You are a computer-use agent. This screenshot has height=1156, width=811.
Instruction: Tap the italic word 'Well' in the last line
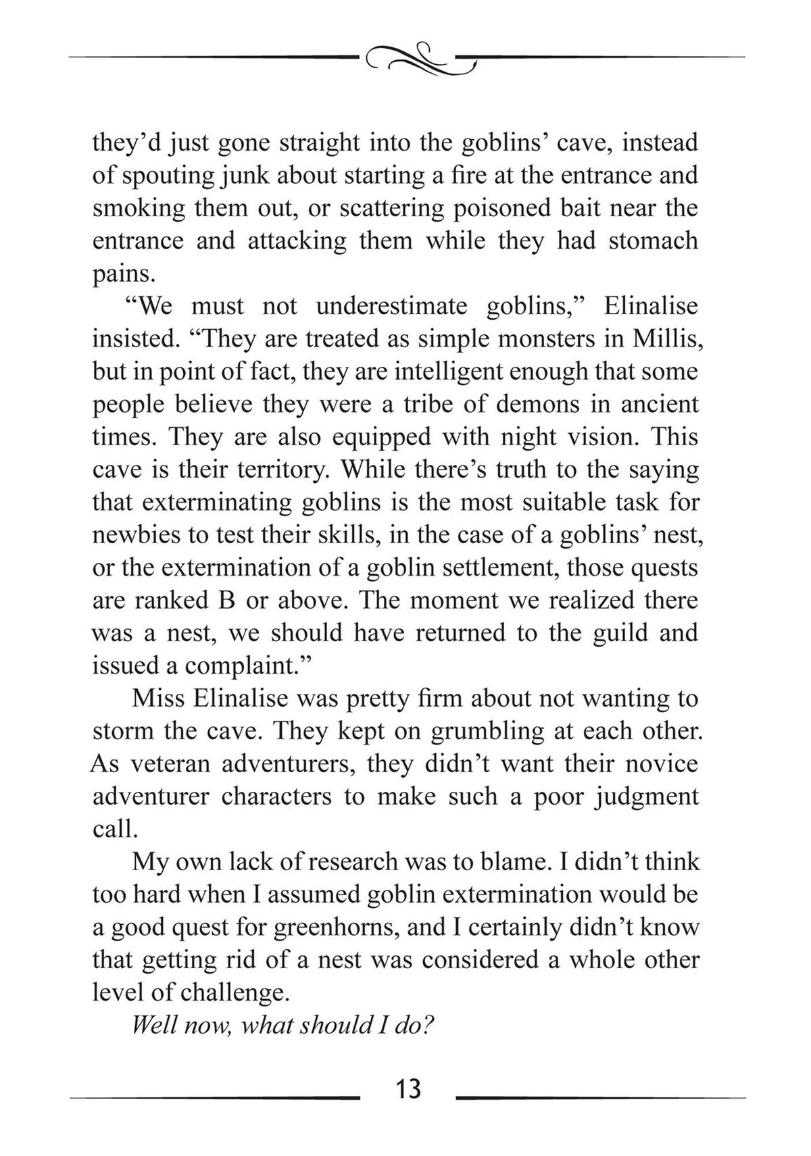(x=154, y=1025)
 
